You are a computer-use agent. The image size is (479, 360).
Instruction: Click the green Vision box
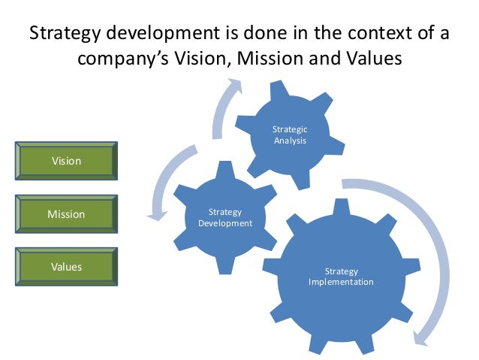(66, 161)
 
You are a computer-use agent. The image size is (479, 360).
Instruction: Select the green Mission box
(66, 214)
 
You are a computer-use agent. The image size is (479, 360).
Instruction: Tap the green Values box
(66, 267)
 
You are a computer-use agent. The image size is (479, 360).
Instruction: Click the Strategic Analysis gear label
(289, 135)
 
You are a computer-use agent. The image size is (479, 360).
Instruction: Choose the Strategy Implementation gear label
(341, 277)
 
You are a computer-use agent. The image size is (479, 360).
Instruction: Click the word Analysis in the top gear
(289, 140)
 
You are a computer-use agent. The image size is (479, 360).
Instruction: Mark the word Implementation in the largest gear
(341, 283)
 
